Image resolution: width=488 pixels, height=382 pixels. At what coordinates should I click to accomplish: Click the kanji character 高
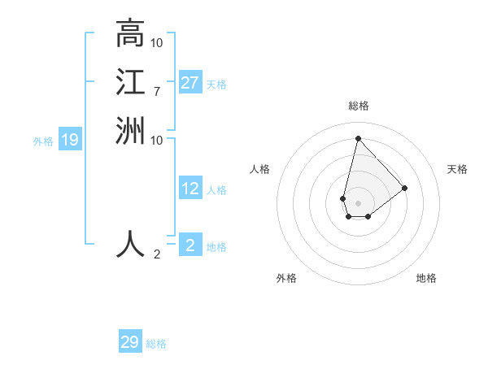[x=130, y=34]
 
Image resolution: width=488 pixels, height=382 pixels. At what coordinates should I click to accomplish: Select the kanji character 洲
[x=130, y=130]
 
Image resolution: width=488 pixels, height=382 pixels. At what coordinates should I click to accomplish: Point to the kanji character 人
[x=130, y=244]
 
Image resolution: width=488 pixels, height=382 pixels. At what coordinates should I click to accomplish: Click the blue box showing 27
[x=190, y=83]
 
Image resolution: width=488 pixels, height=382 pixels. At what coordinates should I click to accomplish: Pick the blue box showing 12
[x=190, y=189]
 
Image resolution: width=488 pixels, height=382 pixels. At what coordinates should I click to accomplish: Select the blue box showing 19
[x=70, y=140]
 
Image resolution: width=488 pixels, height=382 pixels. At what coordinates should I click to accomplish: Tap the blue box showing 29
[x=130, y=342]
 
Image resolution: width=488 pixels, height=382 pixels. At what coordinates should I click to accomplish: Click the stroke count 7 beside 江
[x=156, y=91]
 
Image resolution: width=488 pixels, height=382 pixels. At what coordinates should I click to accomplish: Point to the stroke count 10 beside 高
[x=157, y=41]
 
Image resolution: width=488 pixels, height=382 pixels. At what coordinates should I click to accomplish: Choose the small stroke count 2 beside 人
[x=157, y=254]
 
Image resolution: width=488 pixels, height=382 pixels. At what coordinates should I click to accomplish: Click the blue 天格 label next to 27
[x=216, y=85]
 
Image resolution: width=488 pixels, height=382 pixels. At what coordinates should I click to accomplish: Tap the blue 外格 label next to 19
[x=43, y=141]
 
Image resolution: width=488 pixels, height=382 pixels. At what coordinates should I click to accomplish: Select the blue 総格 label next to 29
[x=156, y=344]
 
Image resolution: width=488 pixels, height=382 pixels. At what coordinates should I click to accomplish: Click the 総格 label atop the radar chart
[x=359, y=106]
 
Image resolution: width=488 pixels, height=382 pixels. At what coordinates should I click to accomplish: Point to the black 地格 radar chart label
[x=426, y=278]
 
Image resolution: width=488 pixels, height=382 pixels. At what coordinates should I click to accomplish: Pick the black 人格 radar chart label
[x=260, y=169]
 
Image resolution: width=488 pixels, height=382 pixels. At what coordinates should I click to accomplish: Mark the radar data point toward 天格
[x=405, y=188]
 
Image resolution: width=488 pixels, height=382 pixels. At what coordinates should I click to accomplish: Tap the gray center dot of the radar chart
[x=359, y=202]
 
